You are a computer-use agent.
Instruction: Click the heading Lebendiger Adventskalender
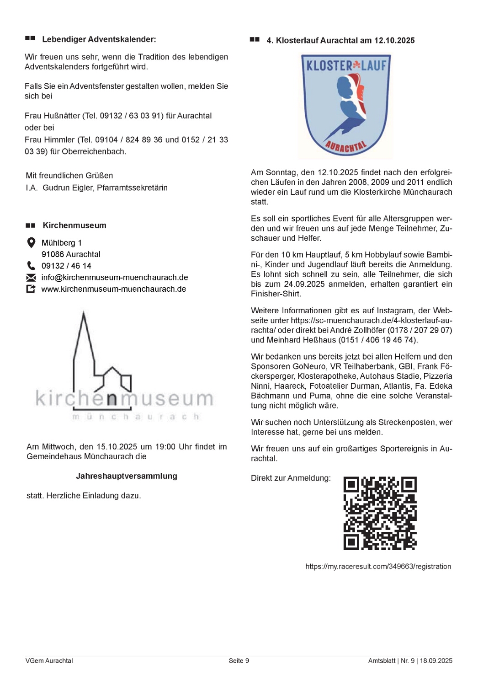coord(99,39)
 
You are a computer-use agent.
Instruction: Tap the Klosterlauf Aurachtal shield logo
coord(346,105)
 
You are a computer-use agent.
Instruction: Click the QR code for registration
coord(380,513)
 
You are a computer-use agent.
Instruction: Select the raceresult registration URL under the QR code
coord(378,567)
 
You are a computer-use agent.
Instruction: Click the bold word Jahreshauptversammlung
coord(127,476)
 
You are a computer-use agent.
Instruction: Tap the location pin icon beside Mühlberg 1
coord(31,243)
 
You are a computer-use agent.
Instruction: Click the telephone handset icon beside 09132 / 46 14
coord(31,266)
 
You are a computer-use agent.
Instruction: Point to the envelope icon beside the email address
coord(31,278)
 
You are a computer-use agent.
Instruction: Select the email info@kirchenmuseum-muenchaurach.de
coord(114,278)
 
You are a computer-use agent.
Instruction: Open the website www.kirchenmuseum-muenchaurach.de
coord(113,289)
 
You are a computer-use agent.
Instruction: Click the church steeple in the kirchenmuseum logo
coord(84,338)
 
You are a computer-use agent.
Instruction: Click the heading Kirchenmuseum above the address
coord(74,225)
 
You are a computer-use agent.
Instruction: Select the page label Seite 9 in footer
coord(239,661)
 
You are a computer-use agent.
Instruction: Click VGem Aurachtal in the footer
coord(49,661)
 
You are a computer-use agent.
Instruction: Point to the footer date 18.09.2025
coord(436,661)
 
